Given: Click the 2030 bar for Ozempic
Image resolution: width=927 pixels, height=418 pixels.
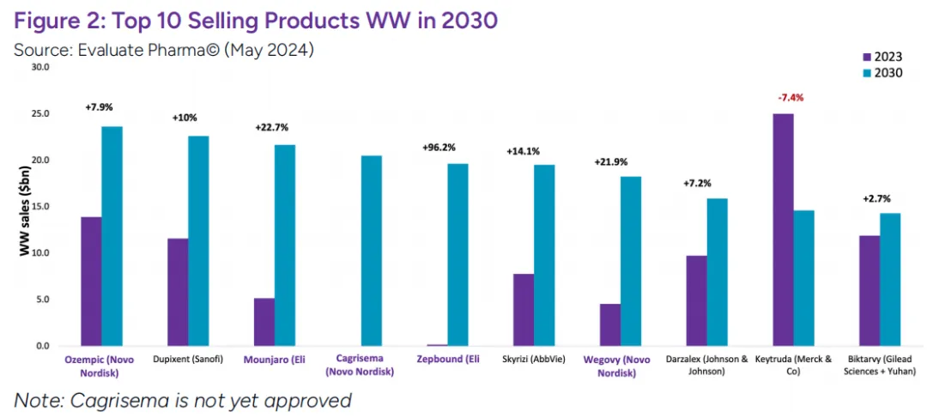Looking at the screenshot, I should coord(112,236).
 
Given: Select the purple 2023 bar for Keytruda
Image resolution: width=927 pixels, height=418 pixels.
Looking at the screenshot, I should coord(783,230).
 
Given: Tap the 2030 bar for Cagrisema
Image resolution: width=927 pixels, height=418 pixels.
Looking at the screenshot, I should coord(372,251).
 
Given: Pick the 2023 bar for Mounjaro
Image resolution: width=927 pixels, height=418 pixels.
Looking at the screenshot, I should coord(264,322).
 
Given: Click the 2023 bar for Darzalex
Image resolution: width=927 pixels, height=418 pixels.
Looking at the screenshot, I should coord(696,300).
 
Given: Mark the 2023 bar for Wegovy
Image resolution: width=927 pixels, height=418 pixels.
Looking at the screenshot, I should coord(609,324).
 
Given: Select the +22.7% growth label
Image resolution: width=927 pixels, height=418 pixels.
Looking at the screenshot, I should coord(275,127).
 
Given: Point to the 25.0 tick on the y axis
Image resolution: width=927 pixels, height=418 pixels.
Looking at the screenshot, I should coord(40,114).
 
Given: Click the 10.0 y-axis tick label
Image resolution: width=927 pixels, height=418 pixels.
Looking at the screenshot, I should coord(40,253).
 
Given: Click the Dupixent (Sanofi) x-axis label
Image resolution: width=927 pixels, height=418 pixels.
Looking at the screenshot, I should coord(188,359).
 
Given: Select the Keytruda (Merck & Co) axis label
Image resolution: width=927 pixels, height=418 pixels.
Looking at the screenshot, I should coord(793,365).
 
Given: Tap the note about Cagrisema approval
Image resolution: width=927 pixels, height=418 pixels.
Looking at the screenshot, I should coord(183,400).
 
